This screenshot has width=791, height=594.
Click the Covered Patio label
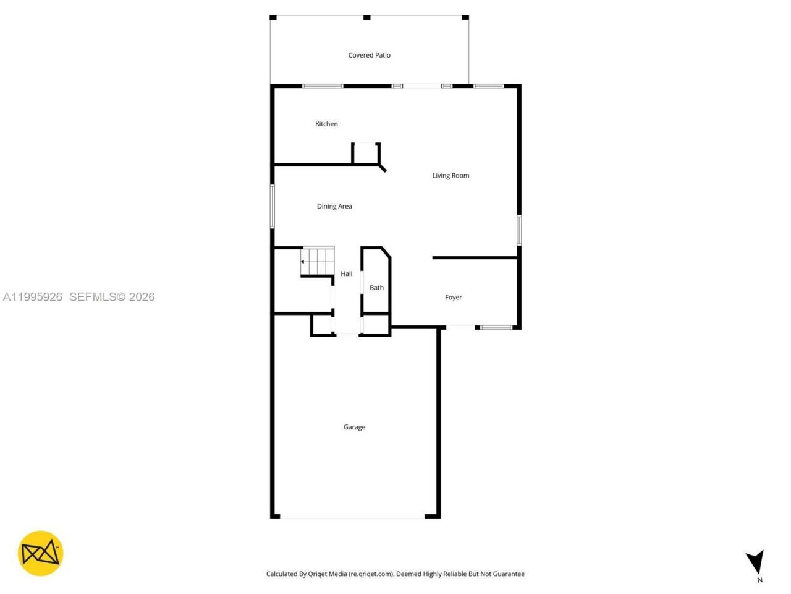369,55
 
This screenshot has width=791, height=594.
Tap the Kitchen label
326,124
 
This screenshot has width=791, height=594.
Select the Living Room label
450,176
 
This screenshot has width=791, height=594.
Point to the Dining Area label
334,206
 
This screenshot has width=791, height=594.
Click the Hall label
346,273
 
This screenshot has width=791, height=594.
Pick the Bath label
376,288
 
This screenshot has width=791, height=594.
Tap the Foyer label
453,298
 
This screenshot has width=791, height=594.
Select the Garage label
354,427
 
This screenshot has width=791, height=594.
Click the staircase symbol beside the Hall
317,261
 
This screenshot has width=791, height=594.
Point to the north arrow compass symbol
755,562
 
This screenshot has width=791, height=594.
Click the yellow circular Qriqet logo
40,553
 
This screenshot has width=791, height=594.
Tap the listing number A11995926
33,297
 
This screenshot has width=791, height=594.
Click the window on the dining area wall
272,206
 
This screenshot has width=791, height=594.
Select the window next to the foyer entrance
497,327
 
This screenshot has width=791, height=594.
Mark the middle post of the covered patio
366,17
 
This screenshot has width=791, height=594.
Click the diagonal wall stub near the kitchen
382,167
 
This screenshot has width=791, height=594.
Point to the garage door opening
352,517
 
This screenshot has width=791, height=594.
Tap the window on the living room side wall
519,230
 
